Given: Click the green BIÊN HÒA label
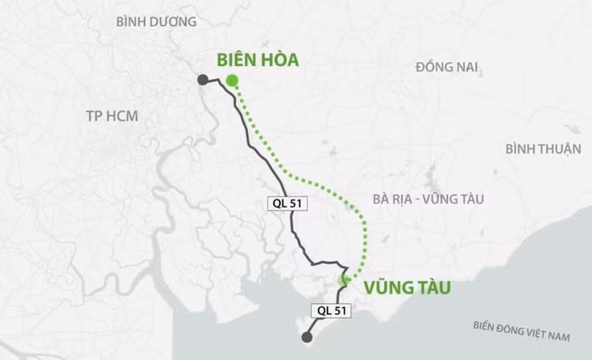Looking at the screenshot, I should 257,59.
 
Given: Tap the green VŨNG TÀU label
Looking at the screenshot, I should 406,287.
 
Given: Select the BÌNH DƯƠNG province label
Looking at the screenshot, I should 157,22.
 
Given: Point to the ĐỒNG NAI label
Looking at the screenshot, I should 447,66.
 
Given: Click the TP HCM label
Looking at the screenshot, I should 112,116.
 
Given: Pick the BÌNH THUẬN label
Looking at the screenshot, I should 543,148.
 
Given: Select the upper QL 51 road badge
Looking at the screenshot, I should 286,204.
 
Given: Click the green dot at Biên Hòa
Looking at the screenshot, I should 232,79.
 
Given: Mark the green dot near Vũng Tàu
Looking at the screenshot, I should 344,280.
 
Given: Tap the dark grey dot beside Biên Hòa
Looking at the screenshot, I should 203,79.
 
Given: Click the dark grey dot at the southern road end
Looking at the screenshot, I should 307,337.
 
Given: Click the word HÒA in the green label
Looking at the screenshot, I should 279,59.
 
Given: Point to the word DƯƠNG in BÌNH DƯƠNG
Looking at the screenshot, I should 174,22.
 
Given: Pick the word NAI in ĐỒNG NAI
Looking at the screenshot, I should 466,66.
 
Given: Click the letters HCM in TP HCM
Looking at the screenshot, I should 122,116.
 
